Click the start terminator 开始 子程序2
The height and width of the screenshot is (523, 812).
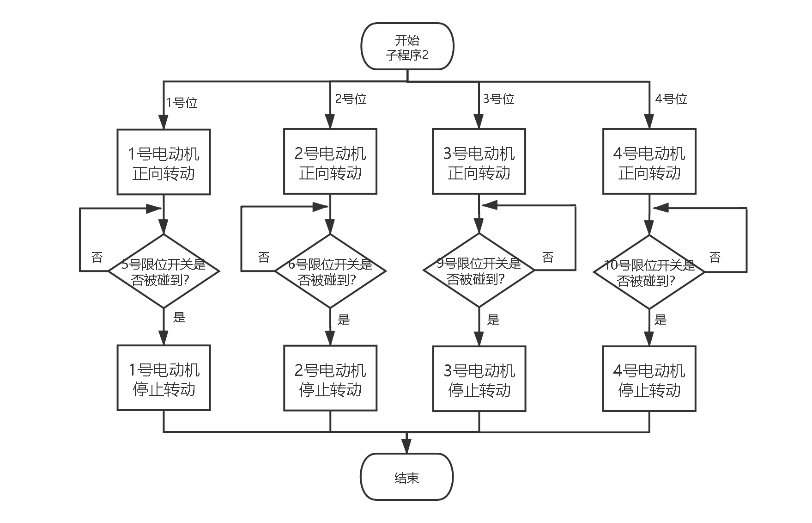[x=407, y=47]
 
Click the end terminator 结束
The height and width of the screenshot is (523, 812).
[x=406, y=477]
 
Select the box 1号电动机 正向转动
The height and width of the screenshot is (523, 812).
[x=164, y=162]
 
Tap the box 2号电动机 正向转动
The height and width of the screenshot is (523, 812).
[x=330, y=161]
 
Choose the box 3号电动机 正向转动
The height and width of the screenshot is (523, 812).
[x=479, y=161]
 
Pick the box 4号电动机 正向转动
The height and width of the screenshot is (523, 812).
[x=649, y=161]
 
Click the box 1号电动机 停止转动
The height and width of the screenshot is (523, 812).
[x=164, y=378]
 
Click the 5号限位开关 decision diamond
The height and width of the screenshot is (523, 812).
[x=163, y=271]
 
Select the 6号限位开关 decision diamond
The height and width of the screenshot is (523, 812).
[x=330, y=271]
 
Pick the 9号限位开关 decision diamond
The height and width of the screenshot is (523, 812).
[x=479, y=271]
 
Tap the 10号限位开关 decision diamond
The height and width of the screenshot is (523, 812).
[x=649, y=272]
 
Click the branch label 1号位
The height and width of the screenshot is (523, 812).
[x=182, y=103]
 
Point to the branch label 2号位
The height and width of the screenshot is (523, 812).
[x=351, y=99]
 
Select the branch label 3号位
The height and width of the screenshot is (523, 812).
[x=499, y=99]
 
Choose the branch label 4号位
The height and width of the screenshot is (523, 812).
[x=671, y=99]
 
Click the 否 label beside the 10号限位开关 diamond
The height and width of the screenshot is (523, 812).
[x=715, y=257]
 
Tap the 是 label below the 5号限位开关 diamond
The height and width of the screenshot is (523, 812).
[x=179, y=318]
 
